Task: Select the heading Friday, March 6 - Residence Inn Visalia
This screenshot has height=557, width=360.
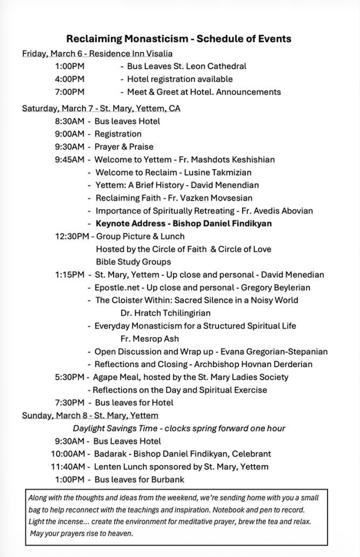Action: (x=97, y=54)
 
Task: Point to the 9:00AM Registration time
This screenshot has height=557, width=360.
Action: (x=70, y=134)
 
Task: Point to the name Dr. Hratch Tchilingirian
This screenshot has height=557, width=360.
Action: (x=165, y=313)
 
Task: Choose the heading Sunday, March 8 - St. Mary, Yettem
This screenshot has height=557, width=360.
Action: (x=90, y=415)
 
